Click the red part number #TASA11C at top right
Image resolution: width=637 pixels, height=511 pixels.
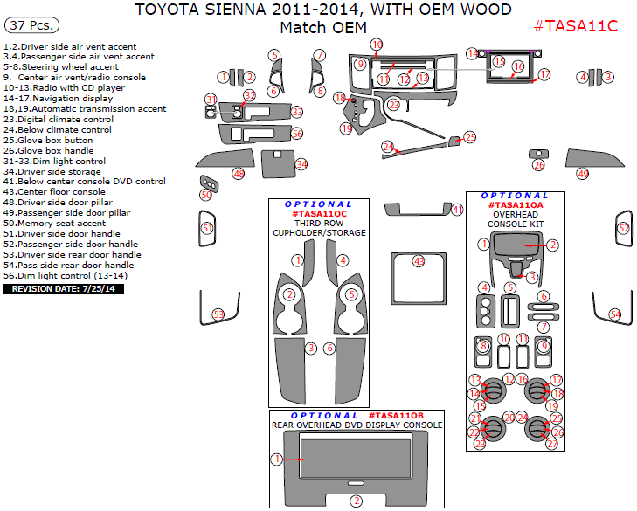(x=575, y=26)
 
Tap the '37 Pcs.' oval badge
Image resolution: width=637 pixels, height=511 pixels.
(x=31, y=25)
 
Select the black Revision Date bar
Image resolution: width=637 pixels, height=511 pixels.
(x=64, y=289)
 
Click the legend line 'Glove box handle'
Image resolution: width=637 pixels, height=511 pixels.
(x=49, y=151)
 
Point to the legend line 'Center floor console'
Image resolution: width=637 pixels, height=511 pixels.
(x=54, y=191)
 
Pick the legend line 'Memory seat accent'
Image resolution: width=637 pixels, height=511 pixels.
(x=54, y=224)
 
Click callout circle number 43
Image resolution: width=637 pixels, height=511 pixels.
(x=419, y=261)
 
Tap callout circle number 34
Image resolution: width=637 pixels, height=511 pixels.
(x=301, y=164)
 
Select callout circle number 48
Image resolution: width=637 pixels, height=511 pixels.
(x=239, y=174)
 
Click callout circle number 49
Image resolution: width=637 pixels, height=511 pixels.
(x=583, y=174)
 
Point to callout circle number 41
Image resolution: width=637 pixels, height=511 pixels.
(x=458, y=210)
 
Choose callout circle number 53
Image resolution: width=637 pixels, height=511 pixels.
(x=218, y=314)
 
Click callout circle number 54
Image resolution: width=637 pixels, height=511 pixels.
(x=615, y=314)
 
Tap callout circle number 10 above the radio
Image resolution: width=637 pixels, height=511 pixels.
(x=377, y=45)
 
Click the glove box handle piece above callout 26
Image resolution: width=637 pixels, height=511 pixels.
(x=538, y=154)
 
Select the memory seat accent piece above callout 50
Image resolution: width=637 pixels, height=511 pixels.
(x=209, y=183)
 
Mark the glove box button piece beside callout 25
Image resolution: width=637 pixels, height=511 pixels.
(x=454, y=141)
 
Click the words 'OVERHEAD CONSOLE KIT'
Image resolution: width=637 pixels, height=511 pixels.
(x=516, y=219)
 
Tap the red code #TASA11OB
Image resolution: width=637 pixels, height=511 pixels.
(x=396, y=416)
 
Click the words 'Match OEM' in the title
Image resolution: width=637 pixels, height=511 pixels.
(x=323, y=28)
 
